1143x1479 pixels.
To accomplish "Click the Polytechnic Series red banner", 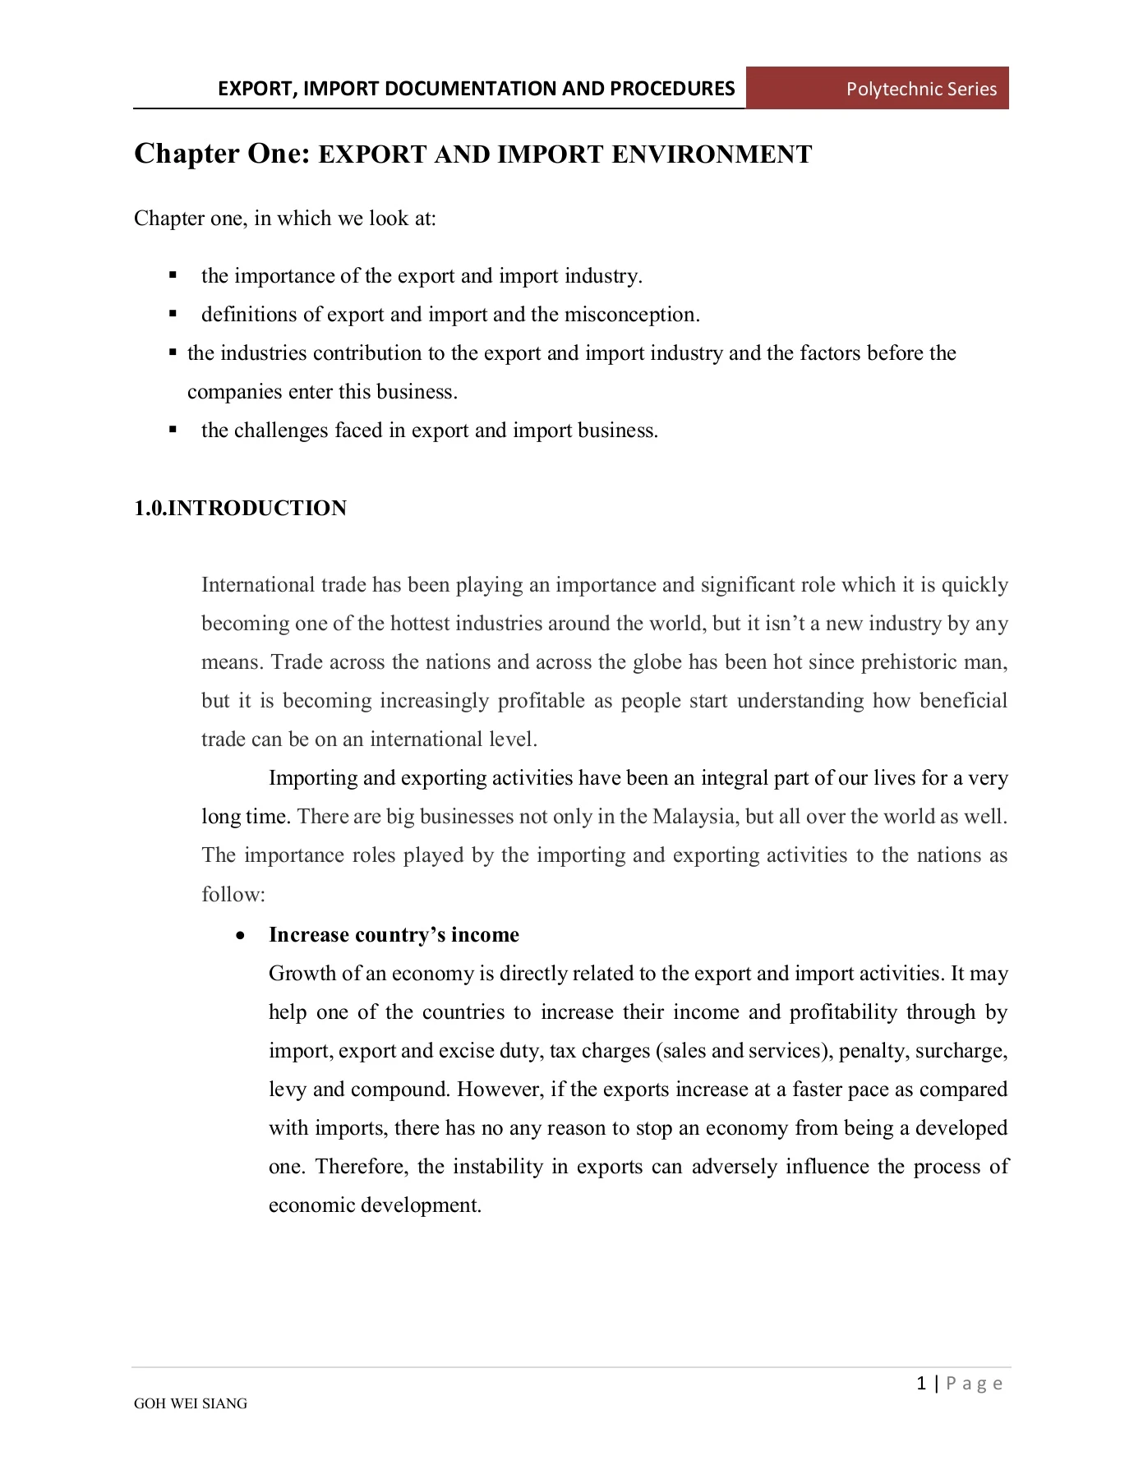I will click(877, 89).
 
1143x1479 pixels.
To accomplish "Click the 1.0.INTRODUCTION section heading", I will click(240, 508).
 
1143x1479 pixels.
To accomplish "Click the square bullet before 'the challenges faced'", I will click(173, 430).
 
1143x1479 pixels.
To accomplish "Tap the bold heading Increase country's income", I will click(394, 935).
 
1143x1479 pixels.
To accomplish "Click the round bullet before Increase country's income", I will click(239, 936).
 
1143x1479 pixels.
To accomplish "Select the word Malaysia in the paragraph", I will click(694, 817).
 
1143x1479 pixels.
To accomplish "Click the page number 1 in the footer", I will click(921, 1384).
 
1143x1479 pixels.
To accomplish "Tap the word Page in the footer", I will click(975, 1384).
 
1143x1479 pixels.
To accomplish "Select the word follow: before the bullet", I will click(233, 894).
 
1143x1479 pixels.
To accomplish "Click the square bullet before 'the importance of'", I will click(173, 275).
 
